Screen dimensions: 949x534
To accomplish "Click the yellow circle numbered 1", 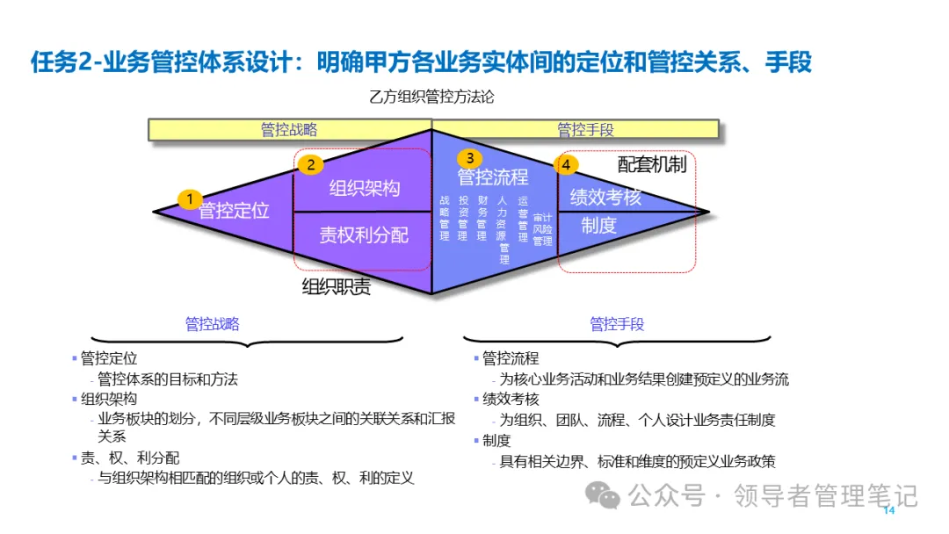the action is click(189, 198).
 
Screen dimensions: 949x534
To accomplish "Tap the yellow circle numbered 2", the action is click(310, 163).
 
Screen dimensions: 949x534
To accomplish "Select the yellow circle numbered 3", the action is click(470, 158).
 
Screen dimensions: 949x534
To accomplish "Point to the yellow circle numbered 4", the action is click(567, 164).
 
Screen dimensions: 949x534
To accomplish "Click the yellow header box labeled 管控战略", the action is click(289, 129).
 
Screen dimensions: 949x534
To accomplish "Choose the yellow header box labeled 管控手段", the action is click(585, 129).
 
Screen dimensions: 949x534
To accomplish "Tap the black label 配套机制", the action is click(651, 164).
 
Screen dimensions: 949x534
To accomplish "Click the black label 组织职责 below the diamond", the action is click(337, 287).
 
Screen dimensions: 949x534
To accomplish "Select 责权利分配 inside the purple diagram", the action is click(364, 235).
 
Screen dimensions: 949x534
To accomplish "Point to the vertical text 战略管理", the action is click(445, 218).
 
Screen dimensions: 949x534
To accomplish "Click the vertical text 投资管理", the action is click(464, 218).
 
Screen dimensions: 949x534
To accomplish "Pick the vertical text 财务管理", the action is click(482, 218).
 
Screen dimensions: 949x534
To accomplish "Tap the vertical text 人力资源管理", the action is click(503, 229).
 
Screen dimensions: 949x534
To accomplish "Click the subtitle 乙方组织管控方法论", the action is click(431, 97).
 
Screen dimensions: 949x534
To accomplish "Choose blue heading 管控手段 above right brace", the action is click(617, 324).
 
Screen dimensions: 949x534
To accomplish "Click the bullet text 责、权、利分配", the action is click(130, 458).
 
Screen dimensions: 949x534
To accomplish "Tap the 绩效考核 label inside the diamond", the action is click(605, 198).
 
